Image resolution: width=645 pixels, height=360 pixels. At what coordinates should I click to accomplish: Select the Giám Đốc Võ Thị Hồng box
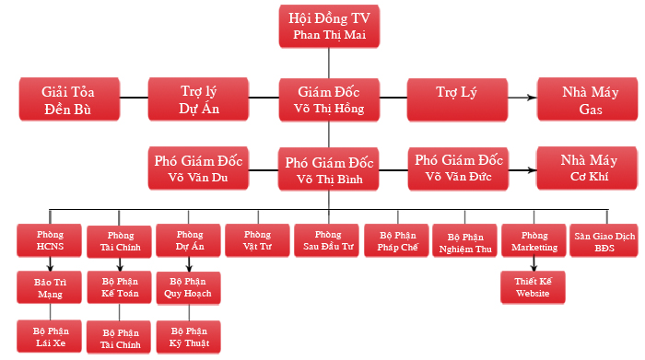pos(330,100)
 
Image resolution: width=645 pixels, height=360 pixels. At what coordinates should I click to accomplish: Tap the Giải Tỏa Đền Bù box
pos(69,100)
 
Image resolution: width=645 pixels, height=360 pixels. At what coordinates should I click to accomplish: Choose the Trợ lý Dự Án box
pos(199,100)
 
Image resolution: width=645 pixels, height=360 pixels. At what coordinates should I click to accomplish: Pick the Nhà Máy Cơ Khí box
pos(586,168)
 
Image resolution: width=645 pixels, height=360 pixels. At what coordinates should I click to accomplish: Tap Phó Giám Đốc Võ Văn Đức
pos(459,168)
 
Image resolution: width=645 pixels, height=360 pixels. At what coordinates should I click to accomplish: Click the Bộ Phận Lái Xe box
pos(51,336)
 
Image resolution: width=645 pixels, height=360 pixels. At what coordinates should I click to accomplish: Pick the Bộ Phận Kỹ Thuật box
pos(189,336)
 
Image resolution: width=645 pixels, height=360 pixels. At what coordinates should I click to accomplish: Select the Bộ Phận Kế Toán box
pos(120,287)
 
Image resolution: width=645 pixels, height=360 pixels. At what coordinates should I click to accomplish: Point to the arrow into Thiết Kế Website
pos(534,265)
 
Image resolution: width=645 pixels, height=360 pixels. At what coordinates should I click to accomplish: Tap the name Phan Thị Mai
pos(330,34)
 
